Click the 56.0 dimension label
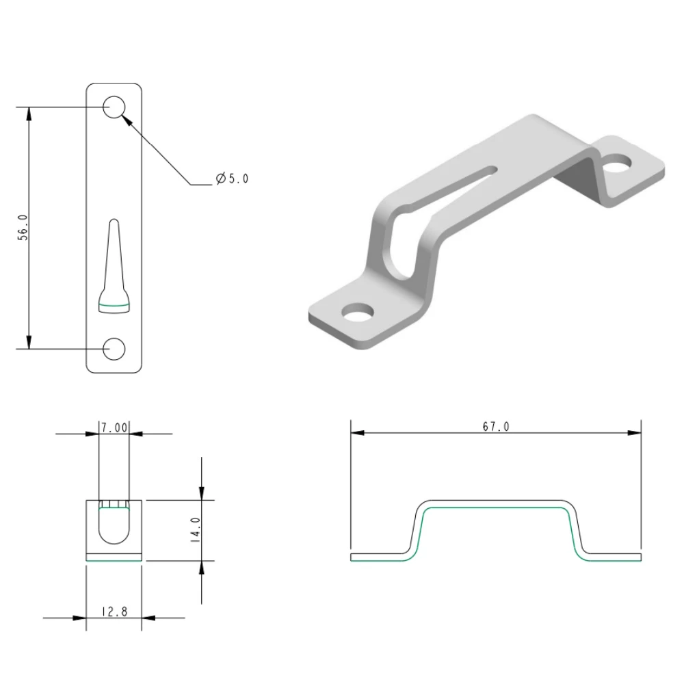23,228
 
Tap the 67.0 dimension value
496,427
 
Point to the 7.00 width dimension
114,428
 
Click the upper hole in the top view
114,107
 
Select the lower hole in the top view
114,348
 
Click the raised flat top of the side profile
496,504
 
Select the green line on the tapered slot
114,303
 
